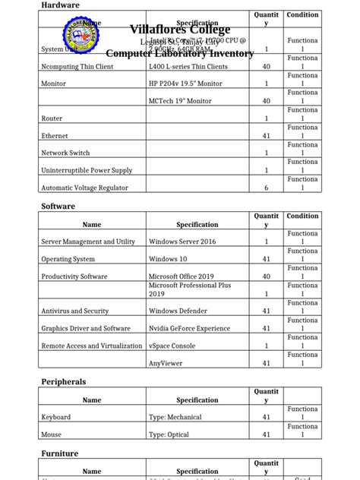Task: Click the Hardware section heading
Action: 60,5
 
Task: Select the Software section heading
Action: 58,206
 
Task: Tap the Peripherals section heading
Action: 63,381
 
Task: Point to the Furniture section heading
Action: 59,453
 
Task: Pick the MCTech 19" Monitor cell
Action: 180,101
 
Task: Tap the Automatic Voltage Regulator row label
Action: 84,188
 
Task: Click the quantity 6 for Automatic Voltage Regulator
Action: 266,188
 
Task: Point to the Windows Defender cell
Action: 179,311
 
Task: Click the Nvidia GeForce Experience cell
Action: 189,328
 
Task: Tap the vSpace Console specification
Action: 172,346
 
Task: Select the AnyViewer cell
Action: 166,363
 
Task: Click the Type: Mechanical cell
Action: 175,417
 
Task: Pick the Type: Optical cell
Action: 169,434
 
